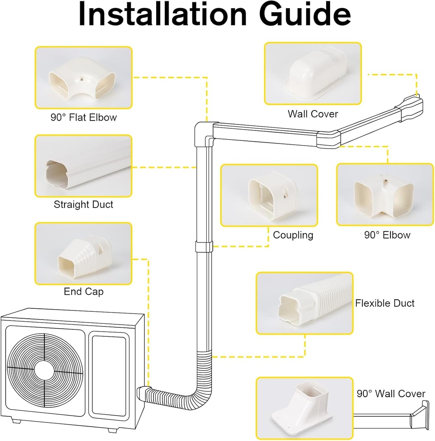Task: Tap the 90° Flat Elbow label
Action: (x=83, y=117)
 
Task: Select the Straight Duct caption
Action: (x=83, y=204)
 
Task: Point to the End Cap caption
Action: (x=83, y=292)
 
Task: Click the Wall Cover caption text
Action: (x=313, y=114)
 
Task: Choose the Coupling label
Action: (x=293, y=235)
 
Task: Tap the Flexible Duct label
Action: (x=385, y=303)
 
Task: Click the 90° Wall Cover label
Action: (x=391, y=394)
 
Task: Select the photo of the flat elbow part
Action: (x=83, y=78)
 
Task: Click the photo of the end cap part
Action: (x=83, y=253)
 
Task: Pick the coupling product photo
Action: (x=269, y=195)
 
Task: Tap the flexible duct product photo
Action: (x=304, y=303)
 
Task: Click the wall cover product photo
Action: (x=313, y=73)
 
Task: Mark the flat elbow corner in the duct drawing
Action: (x=203, y=131)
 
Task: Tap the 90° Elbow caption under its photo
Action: (x=387, y=235)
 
